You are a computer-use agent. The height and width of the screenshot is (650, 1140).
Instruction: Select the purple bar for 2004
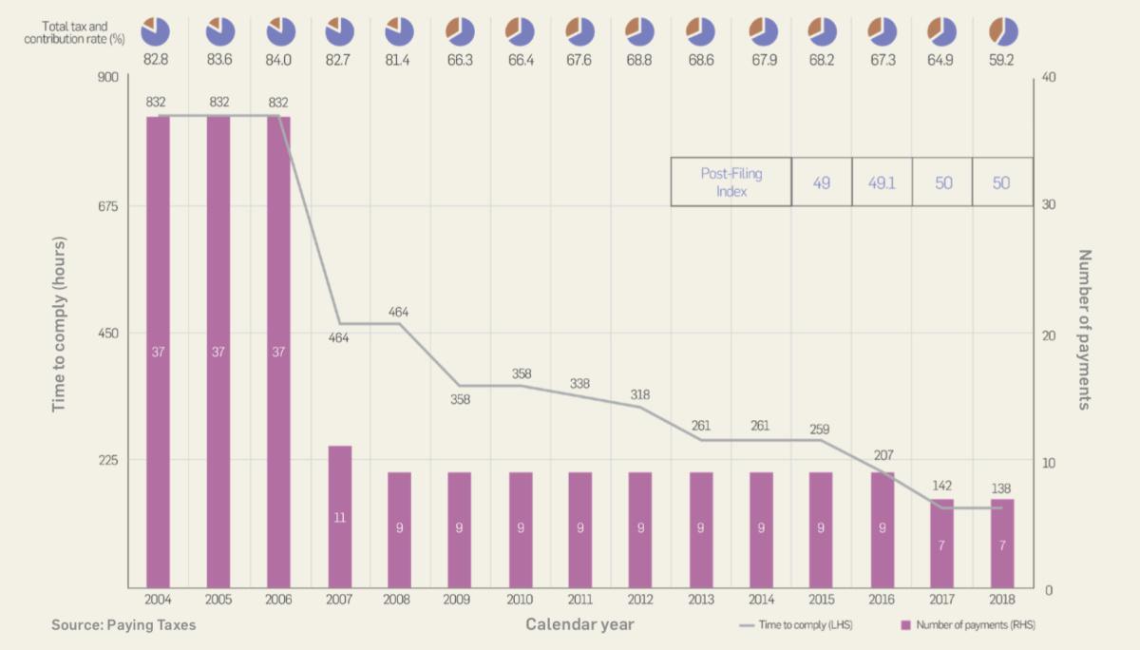[x=158, y=352]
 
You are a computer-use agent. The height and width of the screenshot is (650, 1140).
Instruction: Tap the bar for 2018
[x=1002, y=543]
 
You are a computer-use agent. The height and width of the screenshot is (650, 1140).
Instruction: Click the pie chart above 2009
[x=460, y=31]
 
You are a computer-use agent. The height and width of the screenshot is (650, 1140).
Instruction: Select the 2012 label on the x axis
[x=639, y=601]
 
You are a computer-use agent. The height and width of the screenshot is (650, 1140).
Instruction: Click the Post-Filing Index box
[x=731, y=182]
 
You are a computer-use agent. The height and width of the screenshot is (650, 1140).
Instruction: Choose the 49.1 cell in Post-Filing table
[x=882, y=182]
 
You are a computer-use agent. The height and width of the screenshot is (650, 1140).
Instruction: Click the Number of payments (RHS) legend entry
[x=963, y=625]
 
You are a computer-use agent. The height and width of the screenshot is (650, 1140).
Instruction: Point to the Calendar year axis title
[x=579, y=624]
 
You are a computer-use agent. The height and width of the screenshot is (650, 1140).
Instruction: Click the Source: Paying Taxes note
[x=123, y=625]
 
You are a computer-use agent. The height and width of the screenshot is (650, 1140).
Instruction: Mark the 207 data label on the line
[x=883, y=455]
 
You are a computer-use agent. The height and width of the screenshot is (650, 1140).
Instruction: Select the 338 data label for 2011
[x=579, y=383]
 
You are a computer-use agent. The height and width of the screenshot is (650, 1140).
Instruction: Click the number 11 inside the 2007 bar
[x=339, y=518]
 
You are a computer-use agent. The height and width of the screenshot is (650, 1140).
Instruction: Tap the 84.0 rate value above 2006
[x=279, y=61]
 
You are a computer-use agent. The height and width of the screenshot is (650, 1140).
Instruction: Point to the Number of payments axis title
[x=1086, y=330]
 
